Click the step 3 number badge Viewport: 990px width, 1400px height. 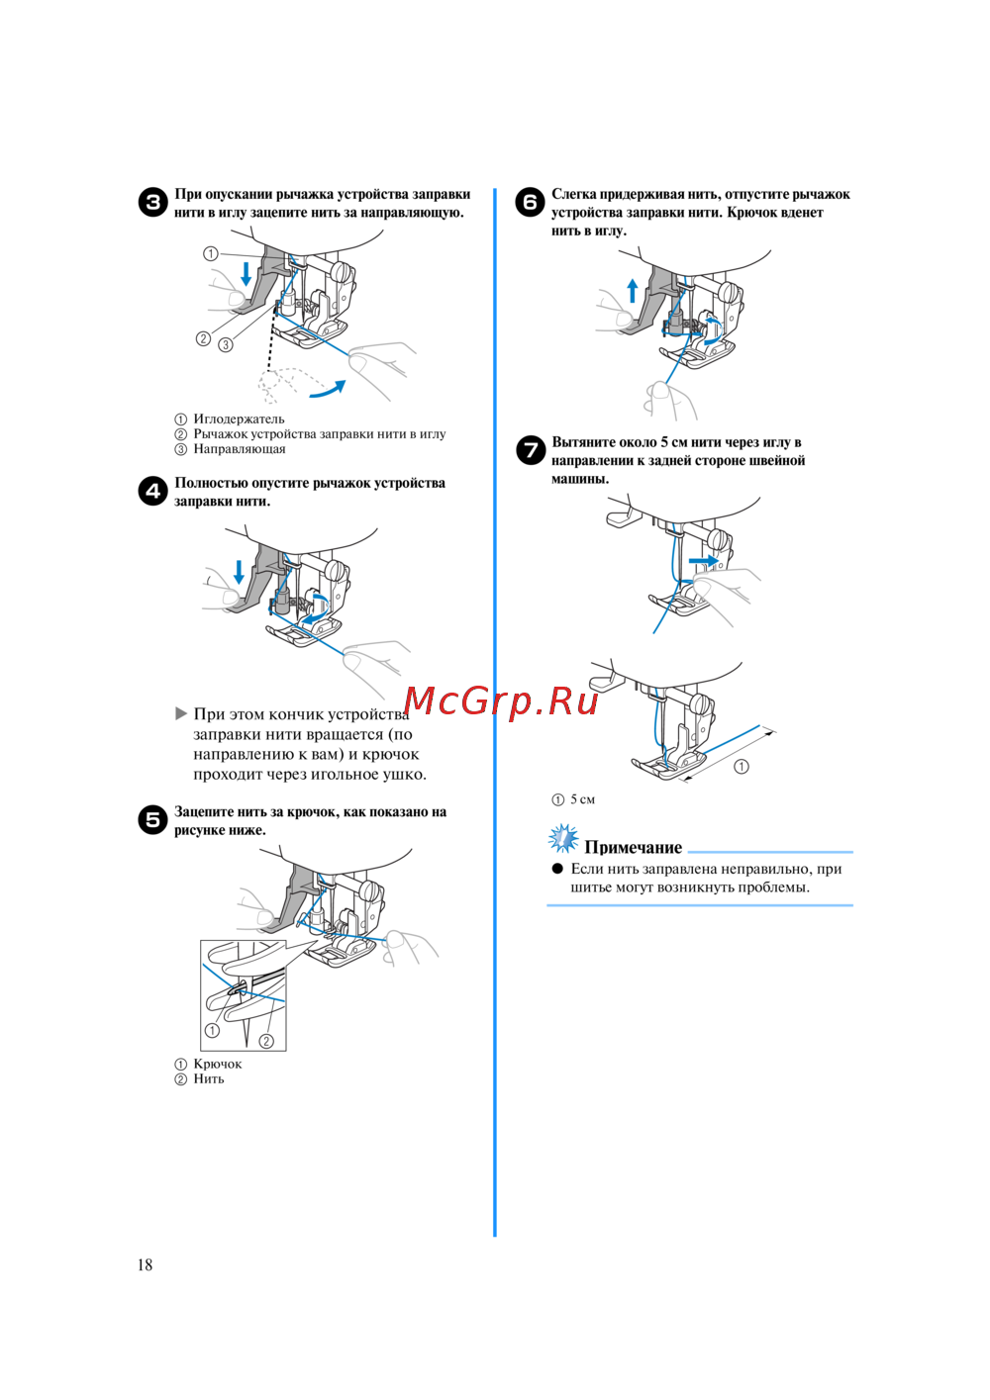tap(152, 203)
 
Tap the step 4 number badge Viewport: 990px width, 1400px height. tap(152, 492)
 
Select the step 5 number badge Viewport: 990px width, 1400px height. tap(152, 820)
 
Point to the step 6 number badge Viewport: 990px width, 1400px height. tap(530, 203)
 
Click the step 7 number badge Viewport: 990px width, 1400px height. tap(531, 450)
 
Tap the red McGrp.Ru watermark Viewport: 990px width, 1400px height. tap(501, 701)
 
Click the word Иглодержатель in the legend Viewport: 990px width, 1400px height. tap(239, 419)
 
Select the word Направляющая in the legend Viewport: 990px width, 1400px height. tap(240, 449)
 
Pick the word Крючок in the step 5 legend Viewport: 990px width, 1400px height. tap(218, 1064)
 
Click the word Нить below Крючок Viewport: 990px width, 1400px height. tap(208, 1078)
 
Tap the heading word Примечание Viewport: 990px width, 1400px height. tap(633, 848)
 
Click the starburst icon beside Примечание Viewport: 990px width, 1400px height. tap(563, 839)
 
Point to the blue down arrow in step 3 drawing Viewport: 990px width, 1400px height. tap(247, 274)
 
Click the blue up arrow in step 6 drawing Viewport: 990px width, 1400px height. tap(633, 291)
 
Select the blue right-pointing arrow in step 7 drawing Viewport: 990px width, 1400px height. tap(704, 561)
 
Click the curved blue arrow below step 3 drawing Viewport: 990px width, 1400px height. tap(328, 390)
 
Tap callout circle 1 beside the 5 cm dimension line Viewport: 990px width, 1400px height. tap(742, 766)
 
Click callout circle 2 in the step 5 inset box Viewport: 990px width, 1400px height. tap(266, 1041)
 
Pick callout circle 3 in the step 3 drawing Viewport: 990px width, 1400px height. tap(226, 344)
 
